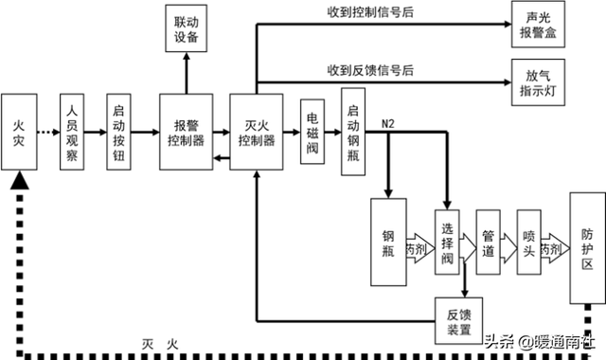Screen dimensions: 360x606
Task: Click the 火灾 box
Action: tap(19, 133)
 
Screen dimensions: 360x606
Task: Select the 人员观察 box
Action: tap(74, 133)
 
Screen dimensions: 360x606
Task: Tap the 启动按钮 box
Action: tap(118, 133)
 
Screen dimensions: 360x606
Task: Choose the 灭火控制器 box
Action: tap(257, 133)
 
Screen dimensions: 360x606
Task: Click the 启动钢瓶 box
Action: tap(353, 133)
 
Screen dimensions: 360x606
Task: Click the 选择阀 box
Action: tap(448, 242)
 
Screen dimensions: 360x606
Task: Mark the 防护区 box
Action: tap(586, 245)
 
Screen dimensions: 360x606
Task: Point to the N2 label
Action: tap(387, 123)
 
